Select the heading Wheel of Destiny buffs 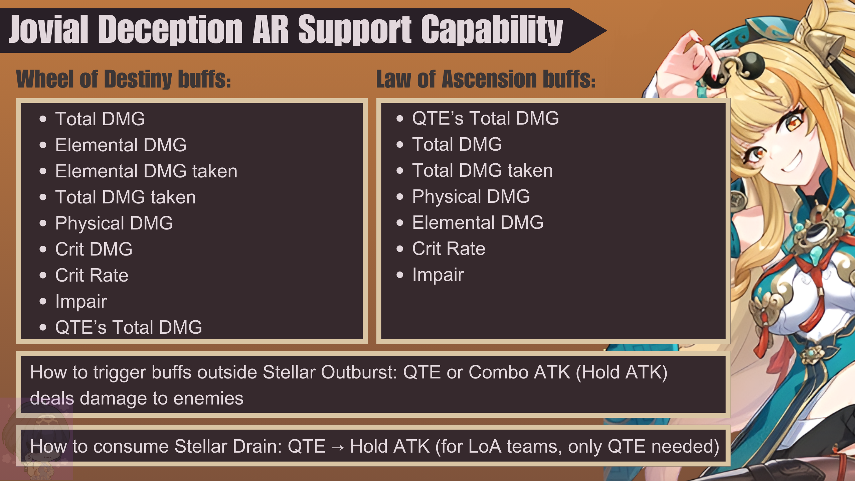(124, 79)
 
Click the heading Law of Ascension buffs (486, 79)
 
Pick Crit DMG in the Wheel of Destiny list (94, 249)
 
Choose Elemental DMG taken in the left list (146, 171)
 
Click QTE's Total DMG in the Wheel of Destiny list (129, 327)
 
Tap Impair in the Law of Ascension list (438, 275)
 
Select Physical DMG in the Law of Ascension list (471, 196)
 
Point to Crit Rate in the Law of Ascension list (449, 249)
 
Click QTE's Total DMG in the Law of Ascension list (485, 118)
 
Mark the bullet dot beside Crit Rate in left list (43, 276)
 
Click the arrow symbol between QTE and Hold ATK (338, 447)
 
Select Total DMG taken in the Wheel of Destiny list (126, 197)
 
